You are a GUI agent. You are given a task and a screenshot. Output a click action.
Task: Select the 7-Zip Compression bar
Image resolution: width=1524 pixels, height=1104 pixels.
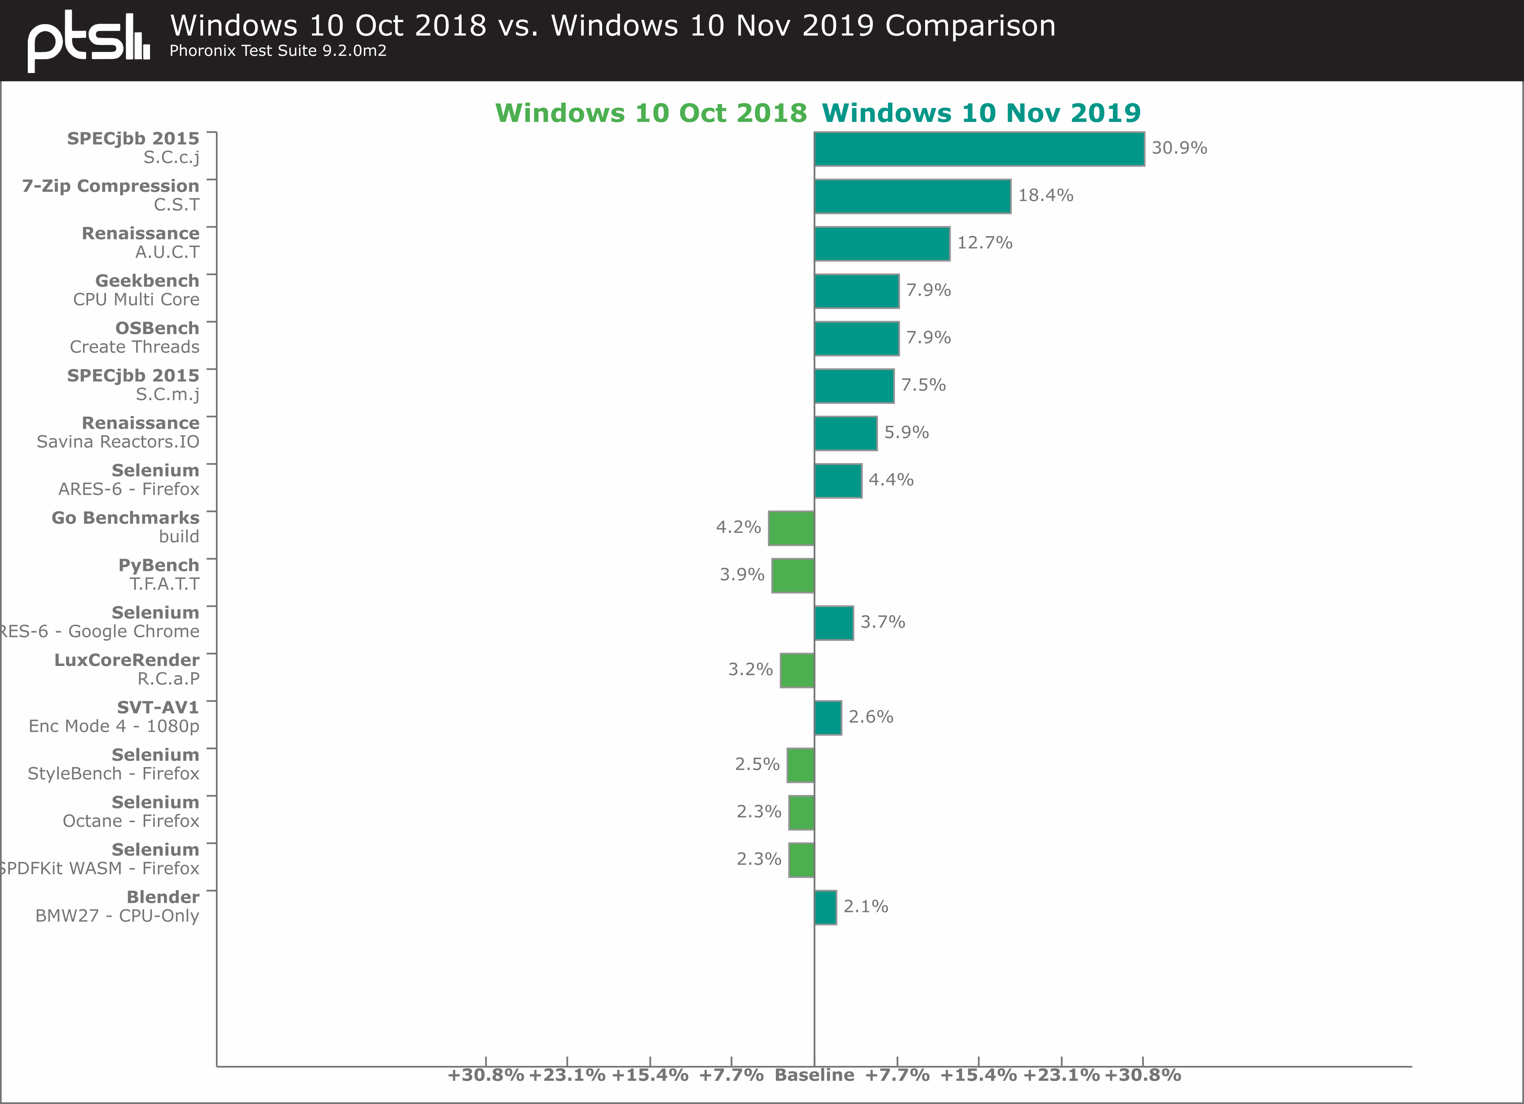[912, 196]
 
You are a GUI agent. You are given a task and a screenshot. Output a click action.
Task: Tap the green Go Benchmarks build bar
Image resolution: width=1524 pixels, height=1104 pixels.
[791, 528]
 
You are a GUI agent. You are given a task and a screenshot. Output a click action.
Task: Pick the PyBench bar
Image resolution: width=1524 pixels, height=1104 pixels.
[793, 576]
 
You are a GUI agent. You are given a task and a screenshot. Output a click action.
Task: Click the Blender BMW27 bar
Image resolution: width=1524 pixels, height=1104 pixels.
[825, 908]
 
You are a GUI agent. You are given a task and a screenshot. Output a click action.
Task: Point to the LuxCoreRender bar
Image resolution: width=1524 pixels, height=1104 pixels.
[797, 671]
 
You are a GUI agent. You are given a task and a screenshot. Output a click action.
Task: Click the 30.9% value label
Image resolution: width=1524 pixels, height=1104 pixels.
[1179, 148]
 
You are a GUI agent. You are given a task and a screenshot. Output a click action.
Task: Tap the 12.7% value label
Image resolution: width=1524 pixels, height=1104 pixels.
[984, 242]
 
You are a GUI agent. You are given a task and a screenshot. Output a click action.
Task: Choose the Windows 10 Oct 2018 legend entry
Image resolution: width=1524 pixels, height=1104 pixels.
[650, 113]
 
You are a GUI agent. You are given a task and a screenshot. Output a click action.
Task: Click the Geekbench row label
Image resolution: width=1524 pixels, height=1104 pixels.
[137, 290]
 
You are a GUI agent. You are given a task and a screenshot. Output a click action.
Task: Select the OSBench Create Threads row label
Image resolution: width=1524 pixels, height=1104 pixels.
[135, 337]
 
